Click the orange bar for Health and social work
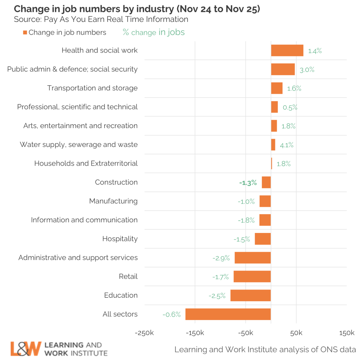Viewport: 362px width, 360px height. (x=287, y=50)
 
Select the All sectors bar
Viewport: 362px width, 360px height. (x=228, y=314)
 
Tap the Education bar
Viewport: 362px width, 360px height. (x=251, y=296)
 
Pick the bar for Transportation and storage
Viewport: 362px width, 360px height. (x=277, y=88)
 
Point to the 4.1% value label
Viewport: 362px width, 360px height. (x=287, y=145)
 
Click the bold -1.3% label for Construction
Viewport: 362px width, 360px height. (x=248, y=183)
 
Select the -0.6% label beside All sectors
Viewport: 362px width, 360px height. (x=171, y=314)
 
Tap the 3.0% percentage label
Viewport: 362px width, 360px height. (x=307, y=69)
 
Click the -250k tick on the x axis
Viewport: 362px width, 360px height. (x=145, y=333)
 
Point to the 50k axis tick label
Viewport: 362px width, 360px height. (x=296, y=333)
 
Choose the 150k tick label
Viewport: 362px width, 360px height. (x=346, y=333)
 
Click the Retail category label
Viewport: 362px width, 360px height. (x=128, y=276)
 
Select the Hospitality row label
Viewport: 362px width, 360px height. (x=120, y=239)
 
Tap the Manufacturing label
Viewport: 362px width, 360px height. (x=113, y=201)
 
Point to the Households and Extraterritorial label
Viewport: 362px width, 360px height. (x=86, y=164)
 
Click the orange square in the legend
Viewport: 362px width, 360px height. (x=25, y=33)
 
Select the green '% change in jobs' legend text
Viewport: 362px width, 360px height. (x=153, y=32)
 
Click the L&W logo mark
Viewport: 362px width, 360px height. (x=26, y=349)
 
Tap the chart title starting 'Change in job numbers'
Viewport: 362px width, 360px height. (x=137, y=9)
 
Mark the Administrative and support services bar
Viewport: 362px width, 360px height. (x=253, y=258)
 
